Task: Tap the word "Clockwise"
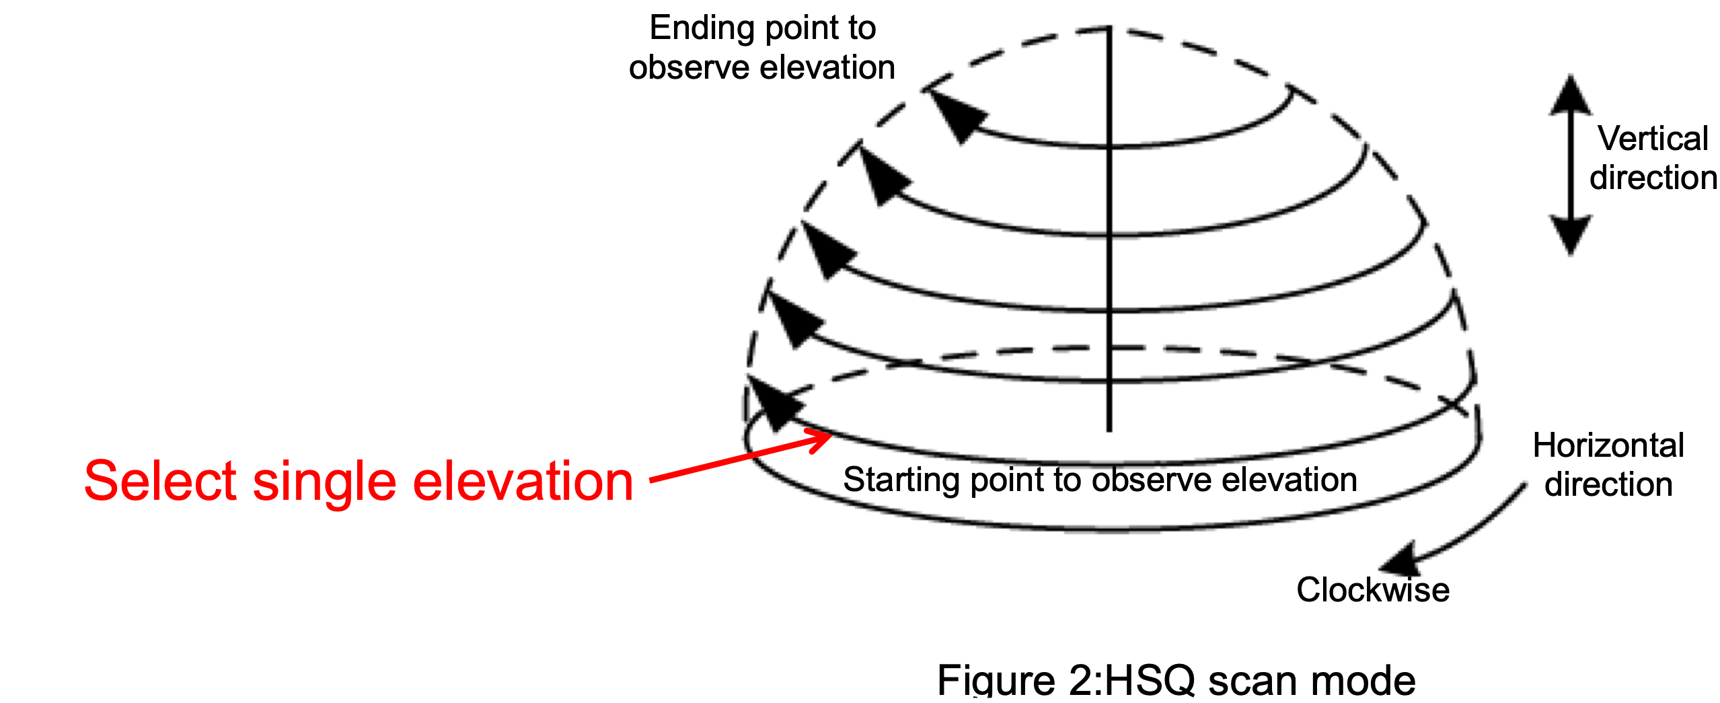click(1373, 590)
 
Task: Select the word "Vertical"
click(1653, 139)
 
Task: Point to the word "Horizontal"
click(1608, 445)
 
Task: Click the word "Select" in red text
click(160, 481)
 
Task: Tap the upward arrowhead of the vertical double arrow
click(1571, 94)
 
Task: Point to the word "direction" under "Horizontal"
click(1608, 484)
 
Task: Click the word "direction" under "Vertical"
click(1653, 178)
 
